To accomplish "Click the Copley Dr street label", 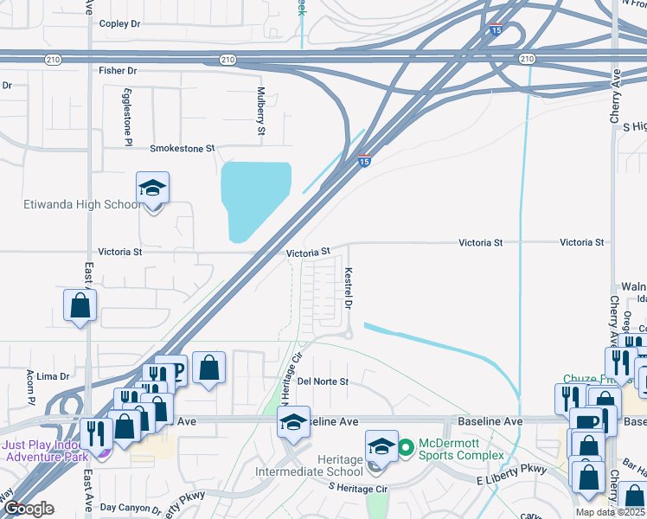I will click(119, 24).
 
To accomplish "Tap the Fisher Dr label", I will click(118, 71).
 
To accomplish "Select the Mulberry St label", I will click(260, 111).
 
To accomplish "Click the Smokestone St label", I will click(182, 149).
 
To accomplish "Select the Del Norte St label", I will click(322, 381).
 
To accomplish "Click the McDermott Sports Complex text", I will click(461, 449).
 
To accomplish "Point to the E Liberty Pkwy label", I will click(512, 479).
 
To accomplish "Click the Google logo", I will click(28, 508).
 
